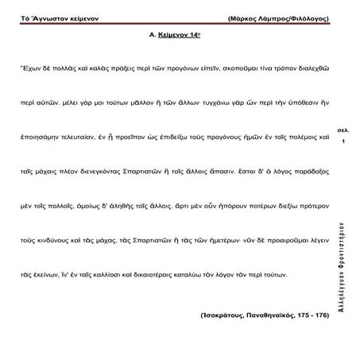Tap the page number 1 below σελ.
[343, 141]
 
